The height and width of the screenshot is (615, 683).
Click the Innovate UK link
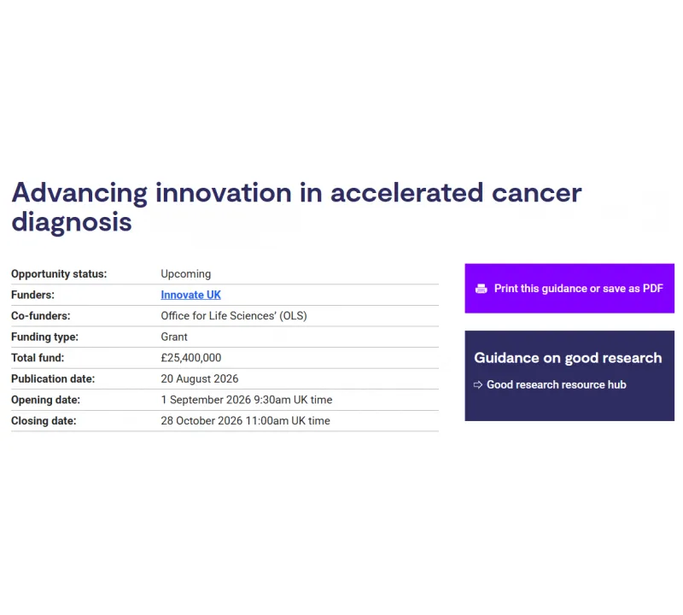click(190, 295)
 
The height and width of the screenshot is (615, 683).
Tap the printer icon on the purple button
click(482, 289)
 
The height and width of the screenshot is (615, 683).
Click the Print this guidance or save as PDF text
click(579, 289)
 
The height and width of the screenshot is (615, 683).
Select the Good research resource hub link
click(557, 385)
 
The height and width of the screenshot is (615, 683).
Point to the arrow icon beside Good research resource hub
click(478, 385)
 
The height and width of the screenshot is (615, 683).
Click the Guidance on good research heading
click(568, 358)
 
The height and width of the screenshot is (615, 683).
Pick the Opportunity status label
click(59, 274)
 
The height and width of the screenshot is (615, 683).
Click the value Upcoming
click(185, 274)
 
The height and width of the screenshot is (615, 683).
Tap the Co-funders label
click(40, 316)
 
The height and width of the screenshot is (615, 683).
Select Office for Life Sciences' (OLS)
click(234, 316)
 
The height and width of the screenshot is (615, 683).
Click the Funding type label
click(44, 337)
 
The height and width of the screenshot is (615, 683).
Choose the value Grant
click(174, 337)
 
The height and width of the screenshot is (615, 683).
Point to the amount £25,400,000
click(190, 358)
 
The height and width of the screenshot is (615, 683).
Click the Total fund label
click(38, 358)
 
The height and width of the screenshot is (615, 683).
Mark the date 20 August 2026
click(200, 378)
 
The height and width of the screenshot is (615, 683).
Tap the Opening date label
click(46, 400)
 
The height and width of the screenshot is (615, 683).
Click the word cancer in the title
click(537, 193)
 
